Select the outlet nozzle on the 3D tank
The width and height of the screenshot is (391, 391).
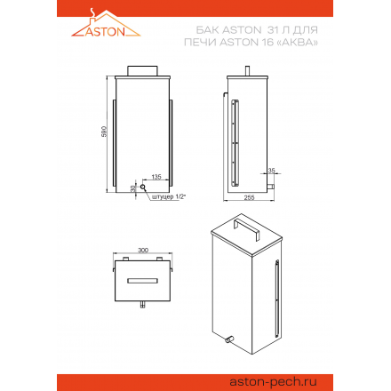[x=229, y=339]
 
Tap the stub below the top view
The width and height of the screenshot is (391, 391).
[x=141, y=309]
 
